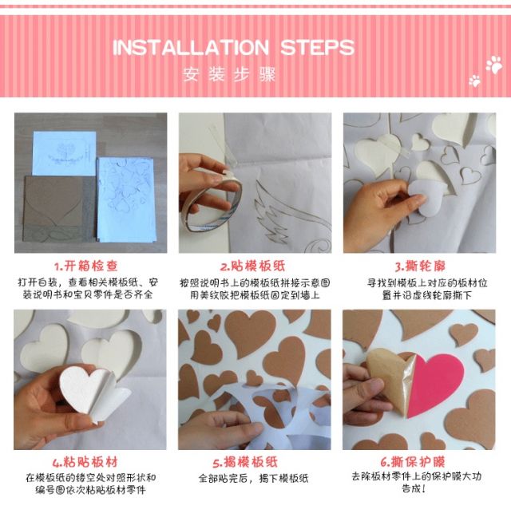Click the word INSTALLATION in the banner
[x=191, y=47]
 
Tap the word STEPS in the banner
[x=317, y=47]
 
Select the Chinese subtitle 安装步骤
[x=229, y=74]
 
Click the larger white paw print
[x=494, y=65]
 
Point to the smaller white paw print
[x=474, y=81]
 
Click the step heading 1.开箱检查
[x=86, y=266]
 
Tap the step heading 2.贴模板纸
[x=252, y=266]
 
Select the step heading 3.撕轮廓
[x=420, y=266]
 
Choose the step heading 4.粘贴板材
[x=85, y=462]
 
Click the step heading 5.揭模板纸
[x=245, y=462]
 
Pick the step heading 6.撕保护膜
[x=413, y=461]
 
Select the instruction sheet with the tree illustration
[x=64, y=153]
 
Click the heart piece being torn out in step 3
[x=426, y=197]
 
